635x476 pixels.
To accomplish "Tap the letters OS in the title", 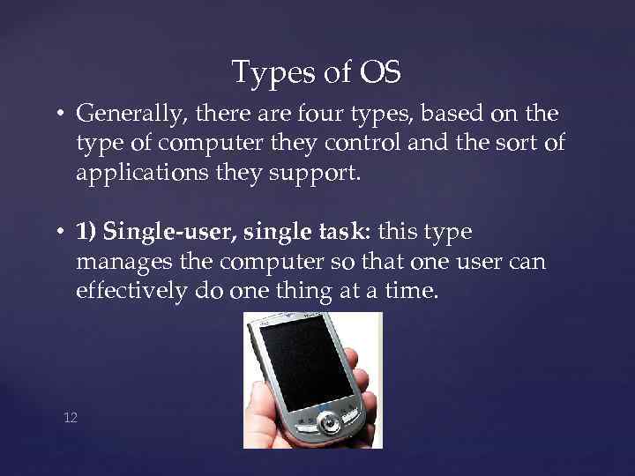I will (380, 72).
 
